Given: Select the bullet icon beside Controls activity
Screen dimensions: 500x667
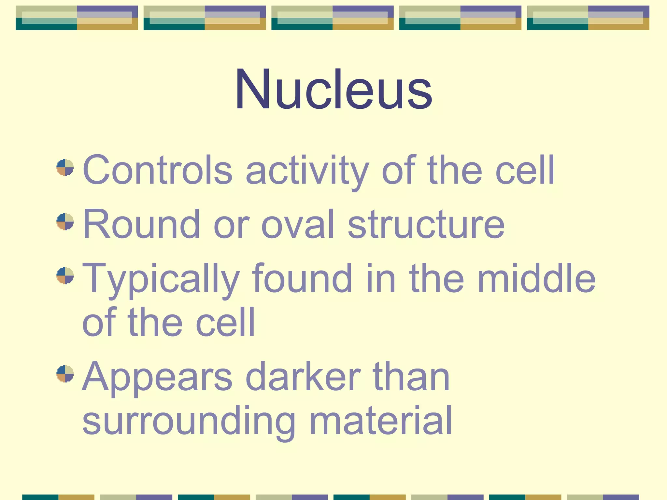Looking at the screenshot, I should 65,167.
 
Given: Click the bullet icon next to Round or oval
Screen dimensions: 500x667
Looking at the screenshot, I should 65,222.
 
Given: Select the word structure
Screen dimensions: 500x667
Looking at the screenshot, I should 426,225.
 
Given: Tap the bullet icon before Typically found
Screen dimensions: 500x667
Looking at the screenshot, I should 65,276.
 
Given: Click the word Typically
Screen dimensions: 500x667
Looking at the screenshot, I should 162,279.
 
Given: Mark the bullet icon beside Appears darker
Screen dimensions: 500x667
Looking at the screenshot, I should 65,374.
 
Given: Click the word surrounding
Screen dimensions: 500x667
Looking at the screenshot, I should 189,421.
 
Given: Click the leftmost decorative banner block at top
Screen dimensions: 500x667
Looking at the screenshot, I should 77,18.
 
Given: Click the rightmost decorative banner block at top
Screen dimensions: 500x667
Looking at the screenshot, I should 588,18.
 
